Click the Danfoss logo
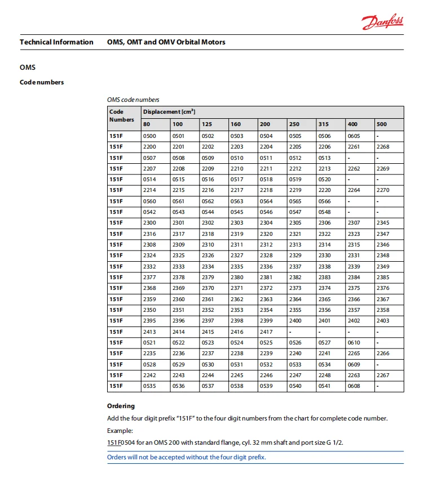[383, 23]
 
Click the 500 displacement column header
[382, 124]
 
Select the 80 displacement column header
[147, 124]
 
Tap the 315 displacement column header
[324, 124]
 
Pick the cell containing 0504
[266, 136]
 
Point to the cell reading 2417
[266, 332]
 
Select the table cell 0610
[354, 342]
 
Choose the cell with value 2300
[149, 223]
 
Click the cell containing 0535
[149, 386]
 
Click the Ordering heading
[121, 406]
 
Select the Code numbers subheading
[42, 82]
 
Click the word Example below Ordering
[120, 431]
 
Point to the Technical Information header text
[56, 42]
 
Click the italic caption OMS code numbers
[133, 100]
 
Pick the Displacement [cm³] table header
[169, 111]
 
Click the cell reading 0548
[324, 212]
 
